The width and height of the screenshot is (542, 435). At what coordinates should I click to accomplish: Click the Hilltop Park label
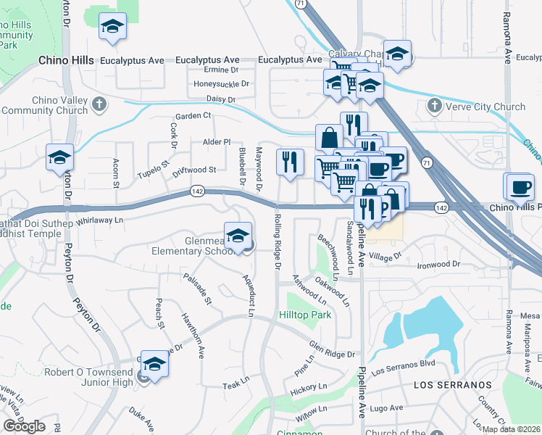pos(305,315)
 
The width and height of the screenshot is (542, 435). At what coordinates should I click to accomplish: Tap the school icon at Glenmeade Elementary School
pos(238,236)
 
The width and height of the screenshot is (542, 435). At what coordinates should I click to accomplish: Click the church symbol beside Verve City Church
pos(434,107)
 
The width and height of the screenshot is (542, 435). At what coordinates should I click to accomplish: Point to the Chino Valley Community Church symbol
pos(100,105)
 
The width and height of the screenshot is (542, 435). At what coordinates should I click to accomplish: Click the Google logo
pos(24,426)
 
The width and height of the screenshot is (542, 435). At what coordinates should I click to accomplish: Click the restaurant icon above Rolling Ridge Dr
pos(291,162)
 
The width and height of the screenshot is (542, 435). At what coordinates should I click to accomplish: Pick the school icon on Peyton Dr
pos(60,158)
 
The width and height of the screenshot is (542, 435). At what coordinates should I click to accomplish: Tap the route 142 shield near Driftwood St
pos(197,191)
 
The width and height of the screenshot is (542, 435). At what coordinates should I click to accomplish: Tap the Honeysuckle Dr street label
pos(222,84)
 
